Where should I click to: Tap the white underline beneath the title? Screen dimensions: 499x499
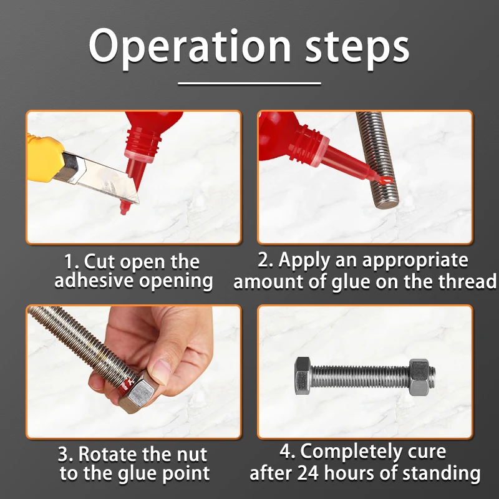(249, 82)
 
